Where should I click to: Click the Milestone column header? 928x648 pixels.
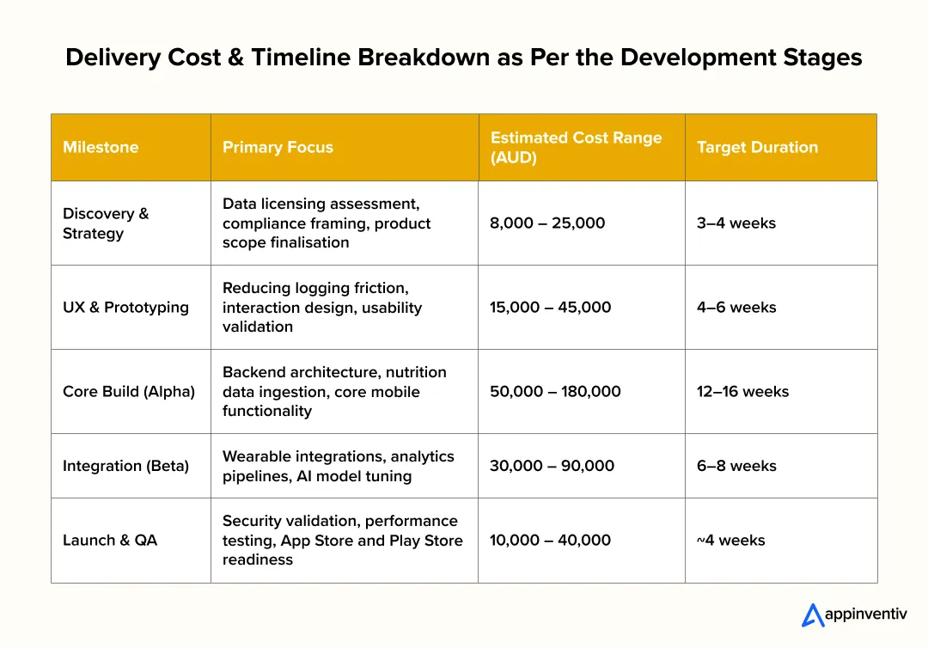(101, 147)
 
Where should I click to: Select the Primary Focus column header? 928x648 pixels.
(278, 147)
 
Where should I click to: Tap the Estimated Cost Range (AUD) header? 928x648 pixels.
(576, 147)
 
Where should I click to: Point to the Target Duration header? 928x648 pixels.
(757, 147)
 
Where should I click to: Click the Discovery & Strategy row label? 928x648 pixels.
(106, 223)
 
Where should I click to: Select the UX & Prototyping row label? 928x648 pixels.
(125, 307)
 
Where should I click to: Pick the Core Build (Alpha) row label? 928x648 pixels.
(129, 391)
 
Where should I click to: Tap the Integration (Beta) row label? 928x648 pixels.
(125, 466)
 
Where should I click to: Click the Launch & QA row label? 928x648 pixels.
(110, 540)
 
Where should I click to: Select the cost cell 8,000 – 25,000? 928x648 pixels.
(547, 223)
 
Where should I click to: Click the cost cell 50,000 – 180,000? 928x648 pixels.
(555, 391)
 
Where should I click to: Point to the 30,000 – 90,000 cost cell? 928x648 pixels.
(552, 466)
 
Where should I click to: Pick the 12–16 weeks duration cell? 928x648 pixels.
(742, 391)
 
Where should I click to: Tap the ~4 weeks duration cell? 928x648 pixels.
(730, 540)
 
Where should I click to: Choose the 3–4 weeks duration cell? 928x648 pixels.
(736, 223)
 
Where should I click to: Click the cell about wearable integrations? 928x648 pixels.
(339, 466)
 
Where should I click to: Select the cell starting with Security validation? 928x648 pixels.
(342, 540)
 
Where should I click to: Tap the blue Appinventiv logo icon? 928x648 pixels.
(812, 614)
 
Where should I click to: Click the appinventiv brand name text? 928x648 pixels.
(865, 615)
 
